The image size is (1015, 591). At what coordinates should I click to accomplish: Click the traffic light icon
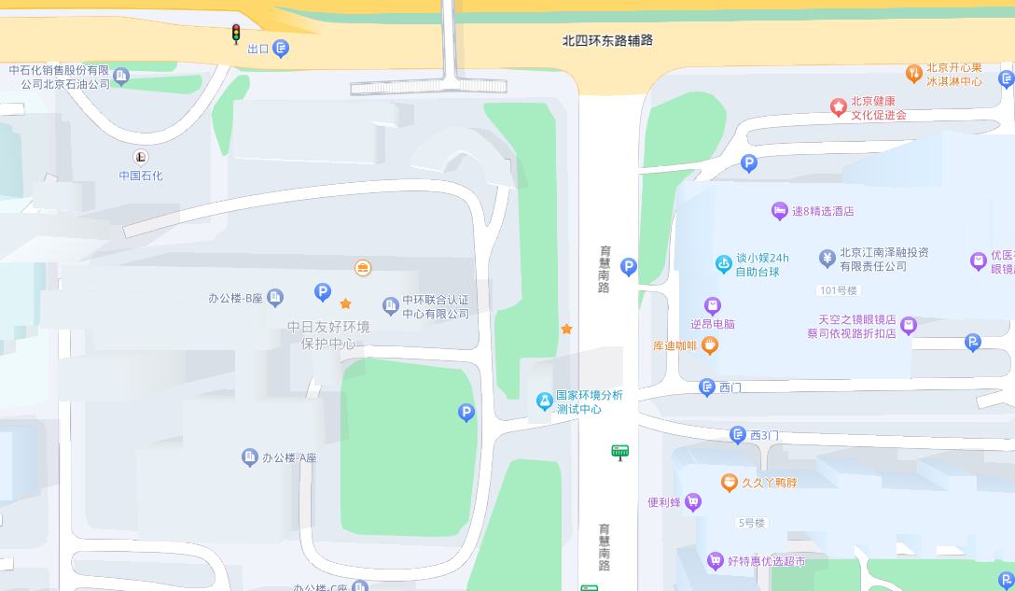click(236, 34)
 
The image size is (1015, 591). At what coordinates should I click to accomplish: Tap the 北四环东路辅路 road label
click(607, 40)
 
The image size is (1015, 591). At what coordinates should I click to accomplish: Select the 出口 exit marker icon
click(281, 49)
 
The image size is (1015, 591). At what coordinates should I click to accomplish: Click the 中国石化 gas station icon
click(141, 157)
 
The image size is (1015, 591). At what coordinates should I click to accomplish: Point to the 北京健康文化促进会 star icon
click(839, 107)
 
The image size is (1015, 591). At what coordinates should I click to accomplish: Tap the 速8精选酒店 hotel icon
click(779, 211)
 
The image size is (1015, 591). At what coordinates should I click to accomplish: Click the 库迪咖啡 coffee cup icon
click(710, 345)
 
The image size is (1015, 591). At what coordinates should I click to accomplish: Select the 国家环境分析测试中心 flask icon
click(544, 401)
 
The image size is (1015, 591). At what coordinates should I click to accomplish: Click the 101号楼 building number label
click(836, 290)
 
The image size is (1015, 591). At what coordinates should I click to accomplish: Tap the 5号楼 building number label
click(750, 523)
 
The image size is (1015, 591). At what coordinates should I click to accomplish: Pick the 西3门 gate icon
click(738, 435)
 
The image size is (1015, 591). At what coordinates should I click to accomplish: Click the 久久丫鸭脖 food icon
click(730, 483)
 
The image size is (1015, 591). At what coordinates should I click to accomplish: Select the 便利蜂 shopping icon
click(692, 502)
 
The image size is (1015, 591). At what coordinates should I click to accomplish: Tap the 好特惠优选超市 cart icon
click(715, 561)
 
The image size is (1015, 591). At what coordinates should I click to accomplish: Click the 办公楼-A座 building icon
click(249, 457)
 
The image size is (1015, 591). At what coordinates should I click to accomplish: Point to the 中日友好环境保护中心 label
click(328, 335)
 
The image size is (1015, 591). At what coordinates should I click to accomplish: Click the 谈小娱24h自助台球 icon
click(723, 264)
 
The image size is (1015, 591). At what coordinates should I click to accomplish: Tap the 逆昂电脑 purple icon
click(713, 305)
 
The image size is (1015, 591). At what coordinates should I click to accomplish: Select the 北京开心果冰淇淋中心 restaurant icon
click(914, 73)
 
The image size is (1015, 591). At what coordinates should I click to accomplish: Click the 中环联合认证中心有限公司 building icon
click(390, 305)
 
